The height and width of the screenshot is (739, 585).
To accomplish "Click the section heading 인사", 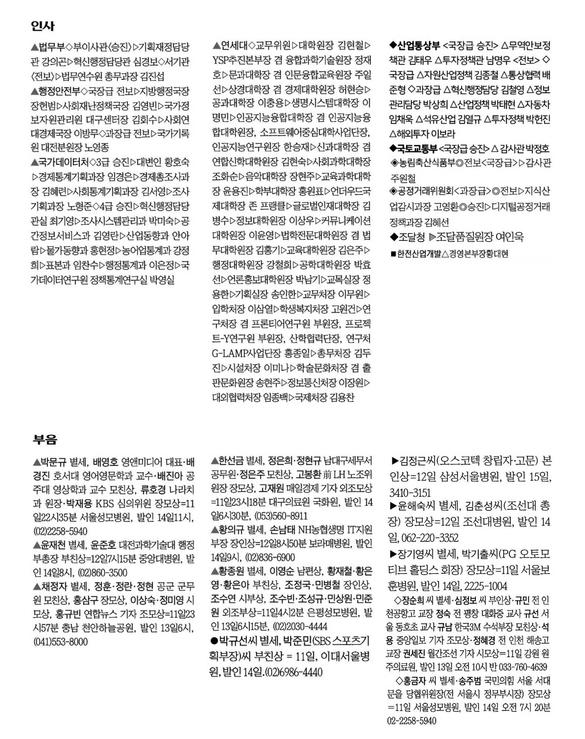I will coord(43,26).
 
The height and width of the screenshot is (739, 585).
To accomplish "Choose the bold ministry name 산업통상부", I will coord(418,46).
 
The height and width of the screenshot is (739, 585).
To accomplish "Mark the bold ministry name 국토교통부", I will coord(418,149).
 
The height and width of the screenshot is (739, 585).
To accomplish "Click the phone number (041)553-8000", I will coord(60,642).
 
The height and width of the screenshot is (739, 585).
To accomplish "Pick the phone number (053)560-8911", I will coord(280,516).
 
